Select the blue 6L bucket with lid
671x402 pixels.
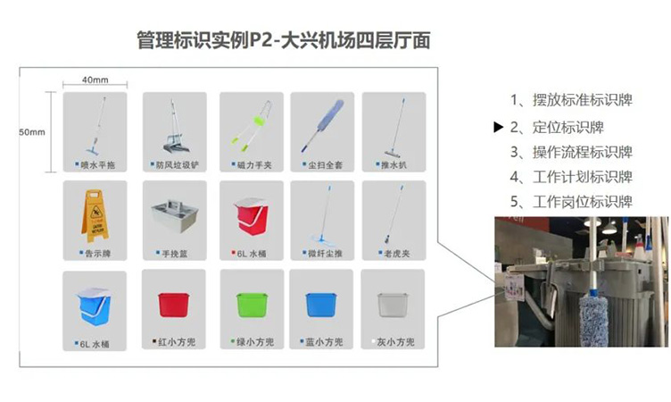[94, 304]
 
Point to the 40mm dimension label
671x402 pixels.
[94, 80]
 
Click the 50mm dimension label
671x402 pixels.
[32, 132]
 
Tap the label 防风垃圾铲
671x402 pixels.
[178, 164]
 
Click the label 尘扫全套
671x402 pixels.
[327, 164]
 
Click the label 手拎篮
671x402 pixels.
[176, 253]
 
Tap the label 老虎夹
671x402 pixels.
[398, 253]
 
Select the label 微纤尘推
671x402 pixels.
[327, 253]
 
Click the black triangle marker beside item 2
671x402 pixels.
[499, 127]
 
